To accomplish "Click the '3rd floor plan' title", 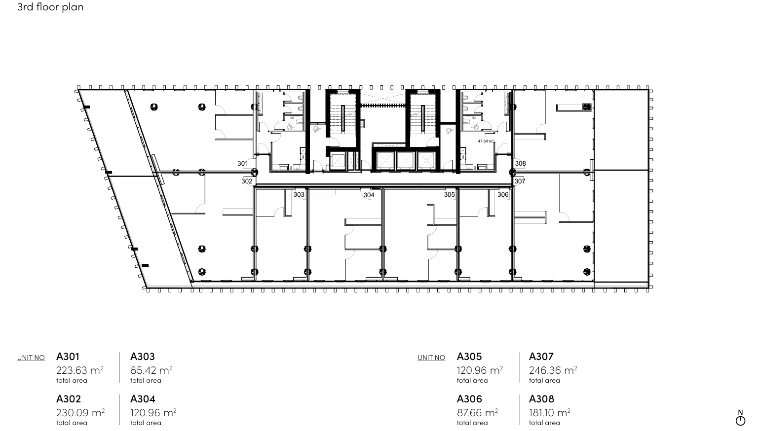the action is [50, 7].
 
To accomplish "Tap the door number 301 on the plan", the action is [243, 164].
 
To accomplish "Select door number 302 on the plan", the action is [247, 181].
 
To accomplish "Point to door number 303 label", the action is [299, 194].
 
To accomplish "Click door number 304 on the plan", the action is [369, 195].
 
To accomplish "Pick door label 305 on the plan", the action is [449, 194].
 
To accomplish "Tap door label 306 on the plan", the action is [503, 194].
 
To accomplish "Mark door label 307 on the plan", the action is [520, 181].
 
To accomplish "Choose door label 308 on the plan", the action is [521, 164].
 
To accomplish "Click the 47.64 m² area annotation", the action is [486, 141].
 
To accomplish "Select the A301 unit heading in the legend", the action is [68, 357].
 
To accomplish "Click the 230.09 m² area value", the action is [80, 412].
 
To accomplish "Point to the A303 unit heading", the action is [143, 357].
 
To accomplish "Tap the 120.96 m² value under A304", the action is [153, 412].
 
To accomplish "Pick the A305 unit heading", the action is [469, 357].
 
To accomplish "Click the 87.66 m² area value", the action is [477, 412].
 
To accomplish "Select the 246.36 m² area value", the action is [553, 370].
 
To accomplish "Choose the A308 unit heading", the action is [541, 399].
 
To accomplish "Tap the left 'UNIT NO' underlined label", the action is [31, 358].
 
